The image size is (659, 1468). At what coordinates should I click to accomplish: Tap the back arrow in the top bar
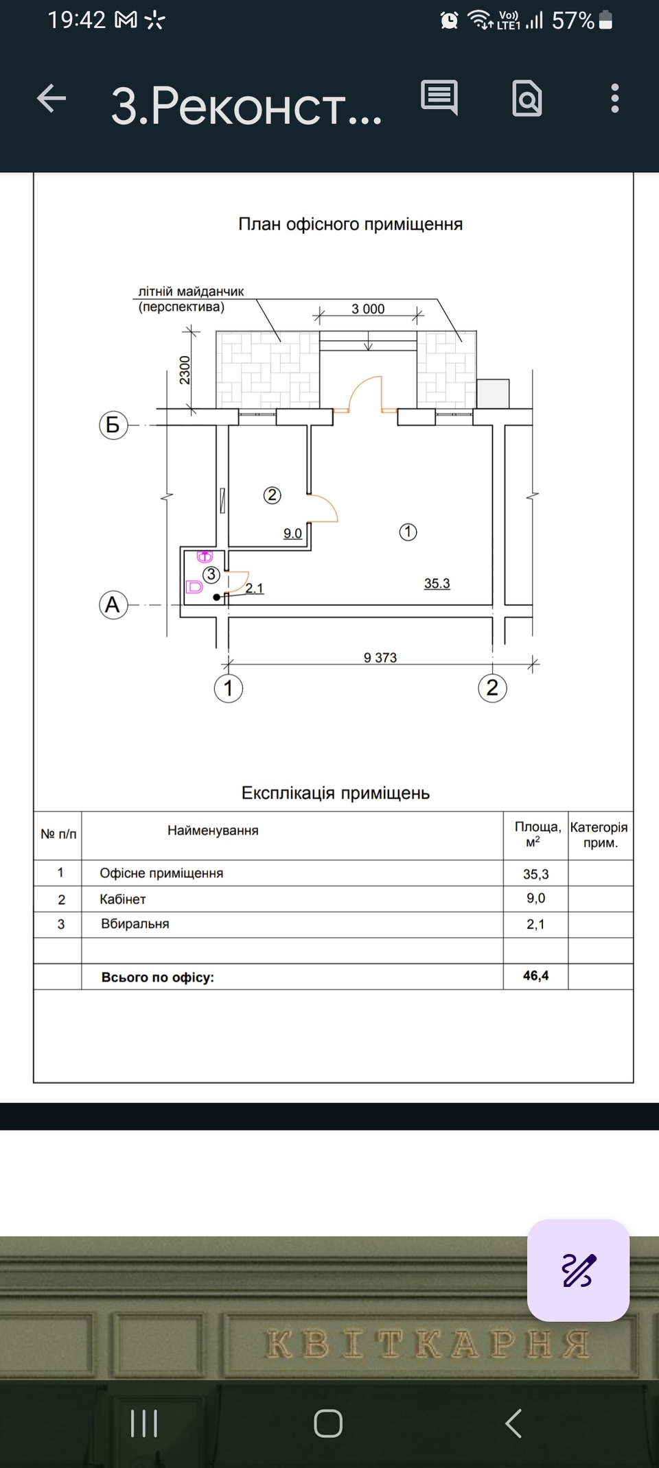[x=51, y=99]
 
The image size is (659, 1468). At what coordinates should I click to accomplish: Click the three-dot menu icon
[x=614, y=99]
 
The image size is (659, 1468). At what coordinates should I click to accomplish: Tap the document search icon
[x=527, y=99]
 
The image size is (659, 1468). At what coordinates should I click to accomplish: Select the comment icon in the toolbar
[x=439, y=97]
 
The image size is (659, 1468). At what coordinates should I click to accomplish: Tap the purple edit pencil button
[x=578, y=1270]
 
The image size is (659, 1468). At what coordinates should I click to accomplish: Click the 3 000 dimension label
[x=368, y=309]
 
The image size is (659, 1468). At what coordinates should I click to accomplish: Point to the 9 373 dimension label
[x=380, y=657]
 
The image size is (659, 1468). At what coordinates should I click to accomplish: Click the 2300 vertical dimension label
[x=185, y=370]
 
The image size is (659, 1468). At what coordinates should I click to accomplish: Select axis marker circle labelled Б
[x=113, y=425]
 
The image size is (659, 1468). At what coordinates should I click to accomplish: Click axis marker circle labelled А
[x=113, y=605]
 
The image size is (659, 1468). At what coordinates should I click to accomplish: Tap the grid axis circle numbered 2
[x=492, y=688]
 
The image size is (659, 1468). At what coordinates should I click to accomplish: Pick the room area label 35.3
[x=437, y=584]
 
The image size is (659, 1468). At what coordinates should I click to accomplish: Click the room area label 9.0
[x=292, y=533]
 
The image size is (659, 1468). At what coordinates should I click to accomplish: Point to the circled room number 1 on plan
[x=408, y=532]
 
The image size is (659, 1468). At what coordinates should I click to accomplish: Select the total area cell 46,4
[x=535, y=975]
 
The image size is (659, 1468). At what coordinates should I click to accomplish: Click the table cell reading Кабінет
[x=123, y=899]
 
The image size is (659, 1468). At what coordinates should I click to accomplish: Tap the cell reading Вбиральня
[x=135, y=924]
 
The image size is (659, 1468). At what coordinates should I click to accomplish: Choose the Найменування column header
[x=213, y=831]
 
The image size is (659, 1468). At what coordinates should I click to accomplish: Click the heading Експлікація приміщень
[x=335, y=793]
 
